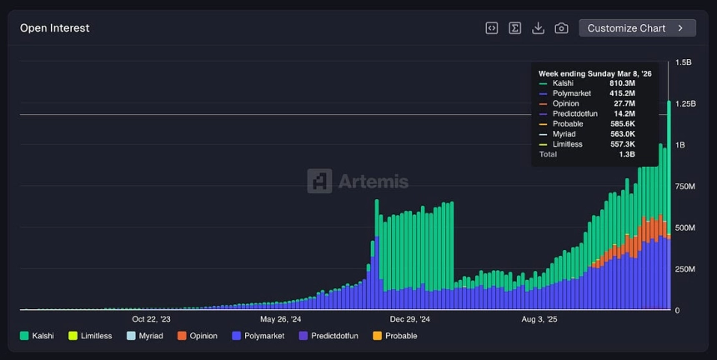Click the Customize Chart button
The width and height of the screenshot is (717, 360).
coord(637,28)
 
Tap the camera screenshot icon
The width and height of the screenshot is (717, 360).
coord(561,28)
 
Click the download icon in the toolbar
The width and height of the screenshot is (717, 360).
coord(538,28)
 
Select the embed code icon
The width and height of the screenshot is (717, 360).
coord(492,28)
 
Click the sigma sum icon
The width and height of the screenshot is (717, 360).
coord(515,28)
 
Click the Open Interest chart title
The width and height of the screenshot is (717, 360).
coord(55,28)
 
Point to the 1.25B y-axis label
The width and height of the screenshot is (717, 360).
coord(684,103)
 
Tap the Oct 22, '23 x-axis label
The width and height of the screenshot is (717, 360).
coord(151,318)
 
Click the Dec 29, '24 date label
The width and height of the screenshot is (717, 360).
coord(409,318)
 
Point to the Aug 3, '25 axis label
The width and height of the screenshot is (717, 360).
coord(539,318)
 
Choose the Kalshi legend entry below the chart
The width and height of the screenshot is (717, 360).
coord(38,336)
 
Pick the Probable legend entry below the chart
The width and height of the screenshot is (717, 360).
coord(395,336)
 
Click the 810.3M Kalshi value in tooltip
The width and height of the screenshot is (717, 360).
coord(621,83)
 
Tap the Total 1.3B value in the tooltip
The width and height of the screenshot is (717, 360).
coord(627,154)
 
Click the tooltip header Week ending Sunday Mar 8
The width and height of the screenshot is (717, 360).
coord(595,73)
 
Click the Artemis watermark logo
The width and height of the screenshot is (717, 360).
coord(358,181)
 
